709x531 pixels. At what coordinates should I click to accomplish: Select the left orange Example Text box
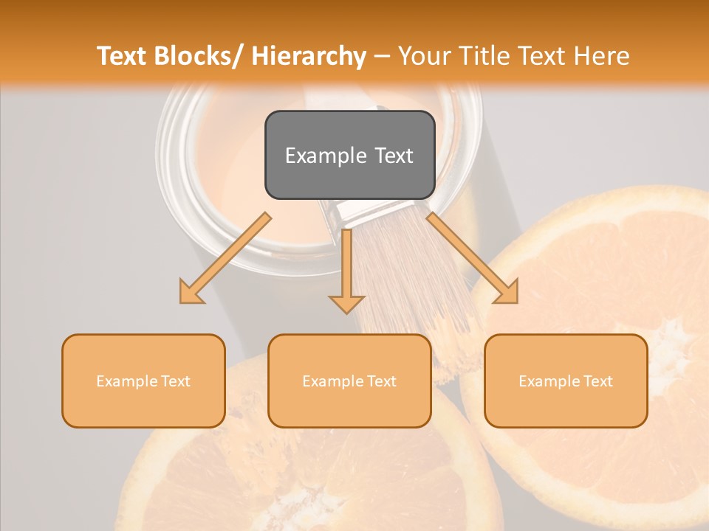click(143, 381)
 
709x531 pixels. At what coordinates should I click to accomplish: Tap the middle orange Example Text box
click(349, 381)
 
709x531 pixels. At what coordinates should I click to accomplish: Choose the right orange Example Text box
click(566, 381)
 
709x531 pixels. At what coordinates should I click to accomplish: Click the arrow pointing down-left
click(225, 258)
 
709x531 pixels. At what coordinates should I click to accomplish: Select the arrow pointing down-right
click(473, 258)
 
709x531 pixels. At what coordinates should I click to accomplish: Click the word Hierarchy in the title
click(309, 56)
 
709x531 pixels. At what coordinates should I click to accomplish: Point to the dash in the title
click(382, 56)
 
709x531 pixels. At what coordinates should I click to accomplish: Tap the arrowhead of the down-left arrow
click(191, 293)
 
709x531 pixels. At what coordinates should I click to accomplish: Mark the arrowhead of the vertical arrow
click(347, 303)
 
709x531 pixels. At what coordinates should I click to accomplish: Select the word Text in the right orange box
click(597, 381)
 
